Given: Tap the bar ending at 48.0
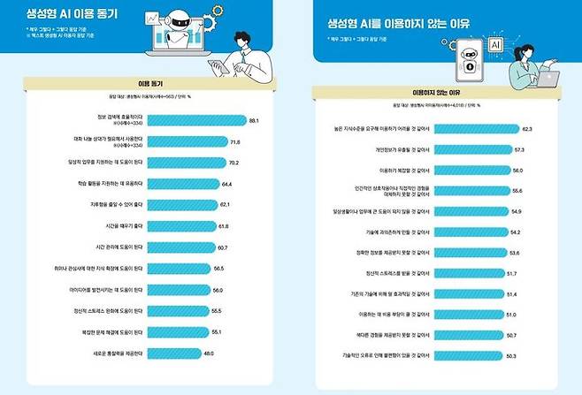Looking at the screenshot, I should [169, 353].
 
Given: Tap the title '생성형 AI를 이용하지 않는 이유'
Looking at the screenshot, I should [384, 24].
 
